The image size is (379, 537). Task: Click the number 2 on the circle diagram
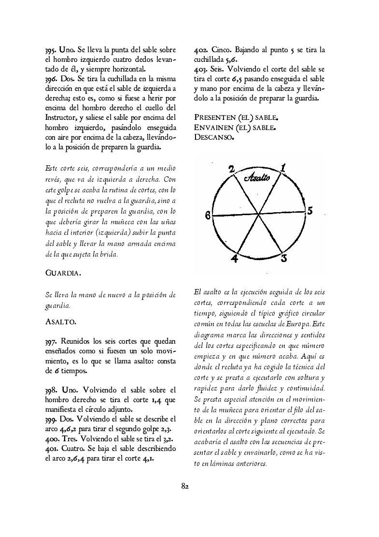(x=232, y=169)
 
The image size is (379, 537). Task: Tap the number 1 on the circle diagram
(x=283, y=168)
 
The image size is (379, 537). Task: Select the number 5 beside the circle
(x=310, y=211)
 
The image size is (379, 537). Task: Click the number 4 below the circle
(x=235, y=259)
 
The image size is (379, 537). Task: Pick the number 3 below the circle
(x=284, y=258)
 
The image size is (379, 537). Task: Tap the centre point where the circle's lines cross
(x=259, y=214)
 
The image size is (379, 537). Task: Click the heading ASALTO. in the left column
(x=60, y=321)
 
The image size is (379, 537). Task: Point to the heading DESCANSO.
(x=214, y=137)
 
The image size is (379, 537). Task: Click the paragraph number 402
(x=200, y=50)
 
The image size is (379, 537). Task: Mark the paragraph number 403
(x=200, y=69)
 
